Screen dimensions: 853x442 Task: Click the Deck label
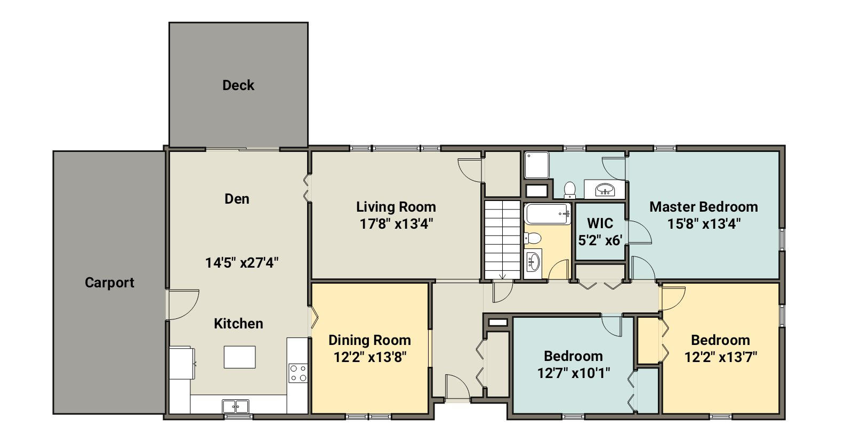pyautogui.click(x=238, y=85)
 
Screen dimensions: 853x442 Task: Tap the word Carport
pyautogui.click(x=110, y=283)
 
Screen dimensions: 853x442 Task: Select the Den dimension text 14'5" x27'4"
pyautogui.click(x=242, y=263)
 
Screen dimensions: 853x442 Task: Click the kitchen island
pyautogui.click(x=239, y=357)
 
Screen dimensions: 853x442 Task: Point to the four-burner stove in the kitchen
pyautogui.click(x=298, y=373)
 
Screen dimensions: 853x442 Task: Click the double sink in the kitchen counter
pyautogui.click(x=236, y=406)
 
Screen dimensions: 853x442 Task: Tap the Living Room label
pyautogui.click(x=396, y=207)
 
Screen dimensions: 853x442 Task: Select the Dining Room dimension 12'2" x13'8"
pyautogui.click(x=370, y=357)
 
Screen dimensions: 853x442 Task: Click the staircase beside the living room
pyautogui.click(x=502, y=240)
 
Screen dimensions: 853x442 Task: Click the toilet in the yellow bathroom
pyautogui.click(x=533, y=238)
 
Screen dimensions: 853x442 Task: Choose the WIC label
pyautogui.click(x=600, y=223)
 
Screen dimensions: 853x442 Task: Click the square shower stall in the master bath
pyautogui.click(x=537, y=165)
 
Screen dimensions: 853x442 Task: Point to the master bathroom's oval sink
pyautogui.click(x=605, y=189)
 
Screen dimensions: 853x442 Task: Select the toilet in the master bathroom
pyautogui.click(x=570, y=190)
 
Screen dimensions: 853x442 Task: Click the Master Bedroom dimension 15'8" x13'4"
pyautogui.click(x=704, y=223)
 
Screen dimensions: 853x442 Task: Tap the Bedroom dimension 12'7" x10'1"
pyautogui.click(x=574, y=373)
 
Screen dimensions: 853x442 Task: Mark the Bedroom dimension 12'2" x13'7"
pyautogui.click(x=721, y=357)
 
